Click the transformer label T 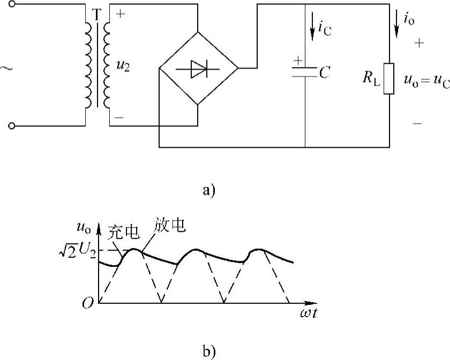[96, 16]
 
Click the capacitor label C [324, 72]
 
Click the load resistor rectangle [389, 79]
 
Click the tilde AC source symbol [7, 69]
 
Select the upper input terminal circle [12, 5]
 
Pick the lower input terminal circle [12, 126]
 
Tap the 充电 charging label [124, 231]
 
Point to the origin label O [88, 303]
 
